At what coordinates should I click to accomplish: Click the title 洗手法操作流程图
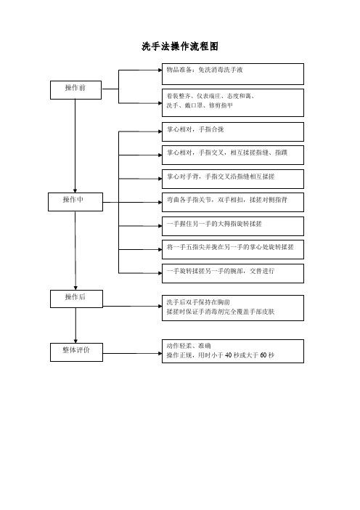(180, 46)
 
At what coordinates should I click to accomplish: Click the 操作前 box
(75, 90)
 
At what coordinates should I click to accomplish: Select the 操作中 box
(75, 202)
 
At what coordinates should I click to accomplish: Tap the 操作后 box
(77, 299)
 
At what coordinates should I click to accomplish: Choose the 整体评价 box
(76, 352)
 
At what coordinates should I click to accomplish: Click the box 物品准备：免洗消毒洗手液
(233, 74)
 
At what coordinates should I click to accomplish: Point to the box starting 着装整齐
(233, 102)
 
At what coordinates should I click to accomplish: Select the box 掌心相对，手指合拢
(233, 131)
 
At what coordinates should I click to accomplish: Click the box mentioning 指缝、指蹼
(233, 155)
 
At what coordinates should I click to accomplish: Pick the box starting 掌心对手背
(233, 179)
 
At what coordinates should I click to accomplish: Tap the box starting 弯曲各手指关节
(233, 202)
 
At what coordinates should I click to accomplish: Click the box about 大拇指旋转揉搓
(233, 226)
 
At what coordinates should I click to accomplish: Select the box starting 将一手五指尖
(233, 249)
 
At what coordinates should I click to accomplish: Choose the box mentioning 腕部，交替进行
(233, 273)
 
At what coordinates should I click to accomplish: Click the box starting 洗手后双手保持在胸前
(233, 308)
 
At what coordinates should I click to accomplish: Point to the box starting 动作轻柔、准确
(233, 352)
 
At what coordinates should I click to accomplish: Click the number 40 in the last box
(229, 355)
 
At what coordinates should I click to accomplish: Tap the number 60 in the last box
(263, 355)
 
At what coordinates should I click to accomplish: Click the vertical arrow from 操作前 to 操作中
(75, 146)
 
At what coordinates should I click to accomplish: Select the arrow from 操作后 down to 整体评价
(75, 325)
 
